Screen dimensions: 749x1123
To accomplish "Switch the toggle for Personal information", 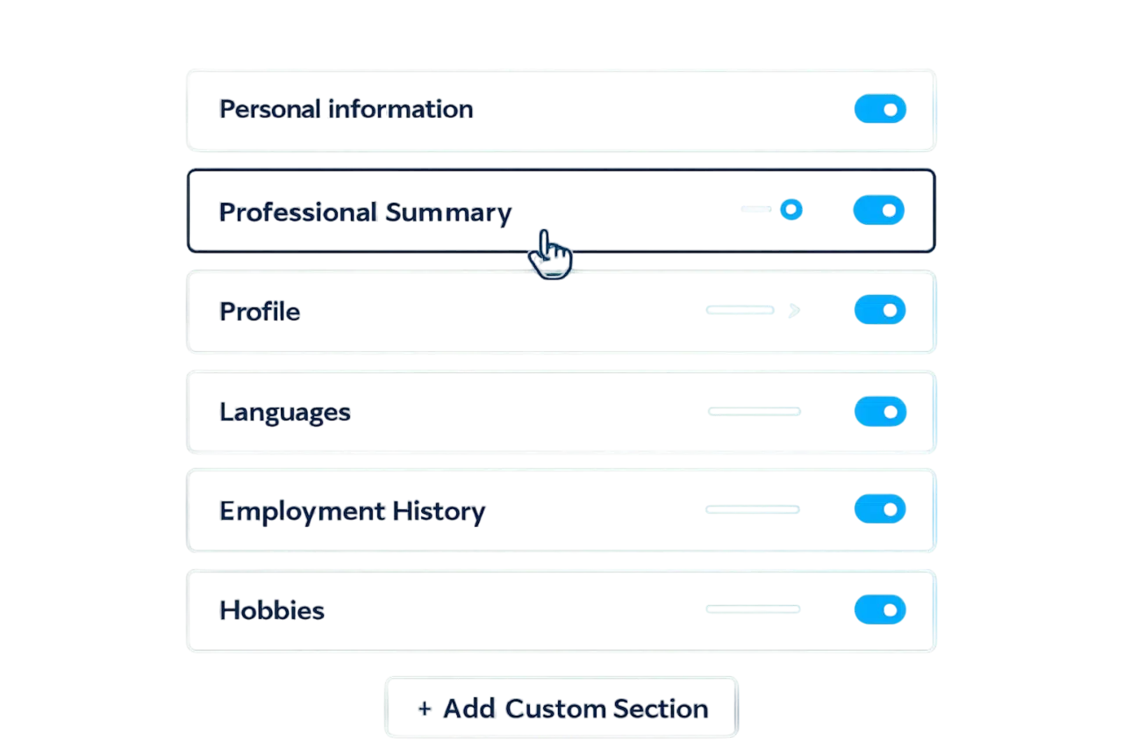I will (880, 110).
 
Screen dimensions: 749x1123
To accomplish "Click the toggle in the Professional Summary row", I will (880, 211).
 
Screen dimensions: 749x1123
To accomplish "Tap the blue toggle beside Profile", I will (880, 310).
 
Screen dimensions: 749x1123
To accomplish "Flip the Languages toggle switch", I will (880, 411).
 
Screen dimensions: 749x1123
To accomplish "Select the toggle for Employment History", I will (880, 509).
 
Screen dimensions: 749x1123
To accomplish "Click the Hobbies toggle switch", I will (880, 609).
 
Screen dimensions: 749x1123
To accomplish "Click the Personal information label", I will (346, 110).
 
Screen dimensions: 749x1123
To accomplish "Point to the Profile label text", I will (260, 312).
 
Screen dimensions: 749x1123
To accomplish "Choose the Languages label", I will (284, 412).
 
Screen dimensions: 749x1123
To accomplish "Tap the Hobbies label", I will (272, 610).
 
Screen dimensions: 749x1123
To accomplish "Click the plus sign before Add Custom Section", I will (425, 709).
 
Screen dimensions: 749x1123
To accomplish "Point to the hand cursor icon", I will (550, 255).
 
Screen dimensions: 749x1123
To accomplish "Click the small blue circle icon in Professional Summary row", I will (791, 210).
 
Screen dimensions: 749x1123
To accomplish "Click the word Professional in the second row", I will (299, 212).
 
